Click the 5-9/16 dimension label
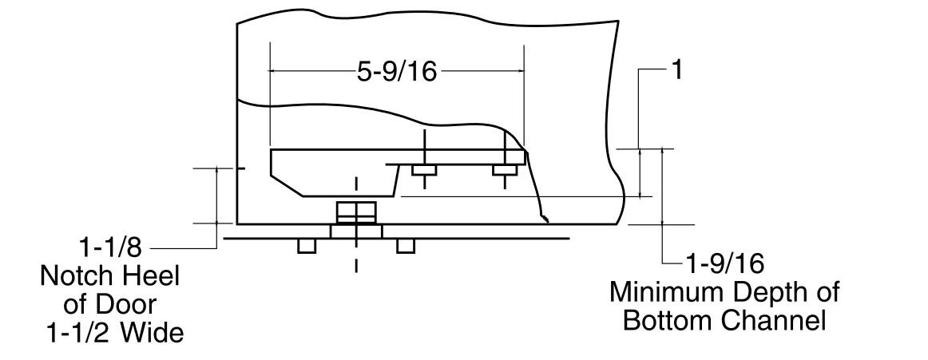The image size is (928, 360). click(x=397, y=72)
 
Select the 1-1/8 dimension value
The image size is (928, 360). click(x=111, y=247)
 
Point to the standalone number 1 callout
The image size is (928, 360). click(x=678, y=70)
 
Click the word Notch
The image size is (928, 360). click(x=74, y=276)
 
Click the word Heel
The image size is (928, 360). click(x=147, y=276)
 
